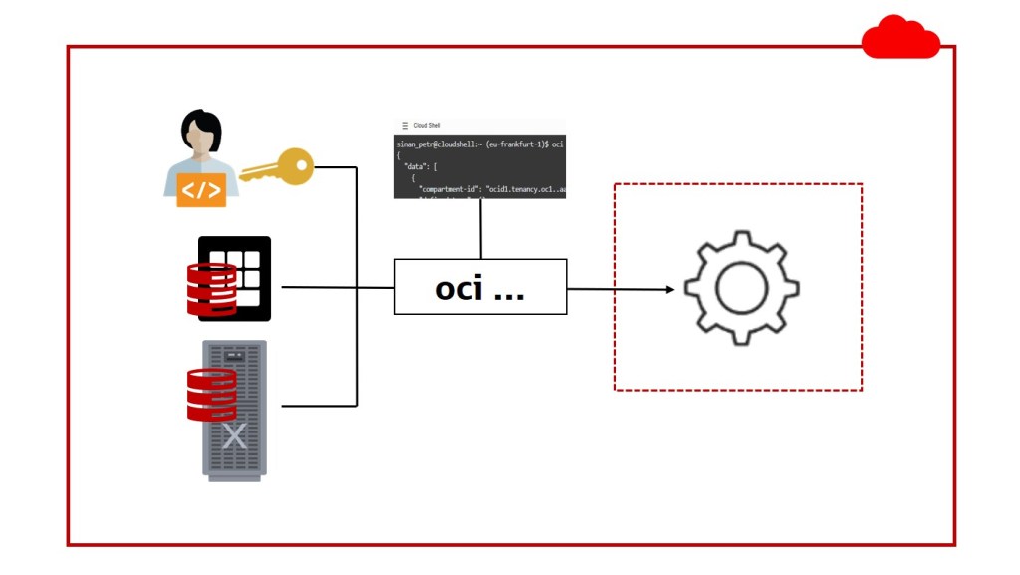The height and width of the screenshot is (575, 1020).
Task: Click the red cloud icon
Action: coord(900,39)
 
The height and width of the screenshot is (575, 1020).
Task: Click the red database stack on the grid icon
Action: coord(211,290)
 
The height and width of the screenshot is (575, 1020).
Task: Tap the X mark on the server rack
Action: coord(235,435)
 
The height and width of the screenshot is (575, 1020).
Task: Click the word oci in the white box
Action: coord(459,288)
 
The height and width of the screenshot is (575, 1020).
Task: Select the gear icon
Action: coord(740,288)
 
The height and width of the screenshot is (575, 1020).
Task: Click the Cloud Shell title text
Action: coord(427,126)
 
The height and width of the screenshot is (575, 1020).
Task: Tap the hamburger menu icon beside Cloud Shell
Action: coord(404,126)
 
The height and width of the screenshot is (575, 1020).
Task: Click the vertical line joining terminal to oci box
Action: coord(481,229)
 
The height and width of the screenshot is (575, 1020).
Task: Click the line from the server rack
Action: coord(319,406)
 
